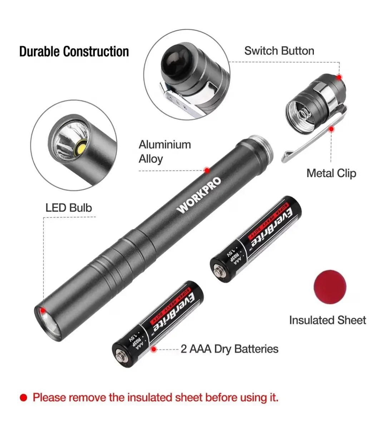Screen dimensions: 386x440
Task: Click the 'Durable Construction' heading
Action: coord(74,51)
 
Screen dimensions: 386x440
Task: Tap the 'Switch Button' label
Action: coord(279,51)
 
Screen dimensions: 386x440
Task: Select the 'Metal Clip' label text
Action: coord(331,173)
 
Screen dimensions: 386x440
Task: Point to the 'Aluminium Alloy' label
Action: coord(165,152)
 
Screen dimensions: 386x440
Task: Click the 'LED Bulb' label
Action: coord(69,208)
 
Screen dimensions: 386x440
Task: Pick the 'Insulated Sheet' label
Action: coord(328,320)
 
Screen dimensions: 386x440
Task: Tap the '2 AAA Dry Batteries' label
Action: coord(229,349)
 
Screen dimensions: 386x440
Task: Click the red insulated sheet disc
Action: coord(330,287)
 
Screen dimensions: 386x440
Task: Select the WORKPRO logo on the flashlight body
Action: coord(198,195)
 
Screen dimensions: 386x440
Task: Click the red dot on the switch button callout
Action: coord(339,77)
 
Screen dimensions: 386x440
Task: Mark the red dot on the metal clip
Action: coord(331,129)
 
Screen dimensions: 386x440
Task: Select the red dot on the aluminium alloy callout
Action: coord(207,170)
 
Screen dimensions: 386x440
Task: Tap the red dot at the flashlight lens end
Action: coord(43,311)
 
